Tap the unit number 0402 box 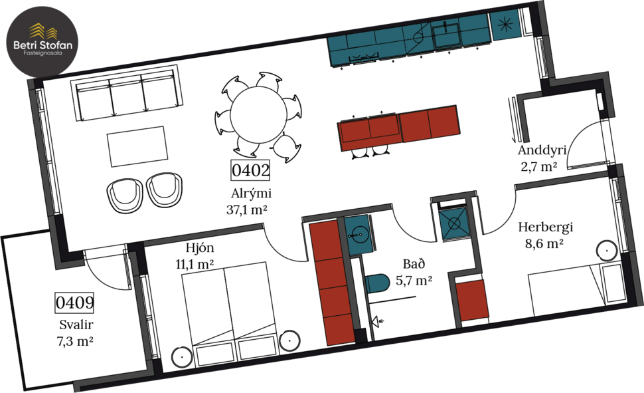250,171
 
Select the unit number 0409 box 74,303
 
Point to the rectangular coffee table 137,146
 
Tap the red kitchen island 398,126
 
